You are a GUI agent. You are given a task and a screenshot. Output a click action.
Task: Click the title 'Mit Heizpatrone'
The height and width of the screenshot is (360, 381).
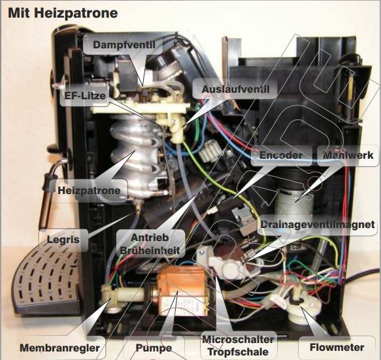(63, 13)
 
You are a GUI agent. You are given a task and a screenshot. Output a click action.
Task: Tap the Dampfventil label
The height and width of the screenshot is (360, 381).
(124, 44)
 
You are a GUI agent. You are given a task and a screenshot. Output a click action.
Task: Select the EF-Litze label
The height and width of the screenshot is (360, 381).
(85, 95)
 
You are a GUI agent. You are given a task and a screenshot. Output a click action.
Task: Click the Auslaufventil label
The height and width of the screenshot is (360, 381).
(235, 89)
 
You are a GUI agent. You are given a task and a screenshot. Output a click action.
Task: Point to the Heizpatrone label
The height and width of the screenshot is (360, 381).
(89, 190)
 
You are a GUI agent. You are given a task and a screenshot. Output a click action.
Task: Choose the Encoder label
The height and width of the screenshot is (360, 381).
(281, 155)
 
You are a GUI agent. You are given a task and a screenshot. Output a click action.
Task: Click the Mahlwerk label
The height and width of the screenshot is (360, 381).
(348, 155)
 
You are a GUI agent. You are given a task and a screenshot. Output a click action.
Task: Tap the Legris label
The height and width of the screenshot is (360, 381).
(63, 240)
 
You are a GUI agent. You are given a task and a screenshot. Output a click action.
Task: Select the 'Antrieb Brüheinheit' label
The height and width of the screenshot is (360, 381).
(150, 244)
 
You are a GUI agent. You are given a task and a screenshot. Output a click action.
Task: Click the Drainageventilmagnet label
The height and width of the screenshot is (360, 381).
(318, 225)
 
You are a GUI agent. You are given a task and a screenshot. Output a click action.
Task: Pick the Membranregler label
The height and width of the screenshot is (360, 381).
(59, 348)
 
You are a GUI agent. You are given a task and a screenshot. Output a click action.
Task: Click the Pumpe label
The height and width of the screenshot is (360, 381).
(154, 348)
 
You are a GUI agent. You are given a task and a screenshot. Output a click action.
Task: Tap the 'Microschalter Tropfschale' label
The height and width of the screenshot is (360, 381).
(238, 346)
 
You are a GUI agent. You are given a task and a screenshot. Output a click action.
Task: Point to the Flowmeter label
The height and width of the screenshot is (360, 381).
(337, 347)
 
